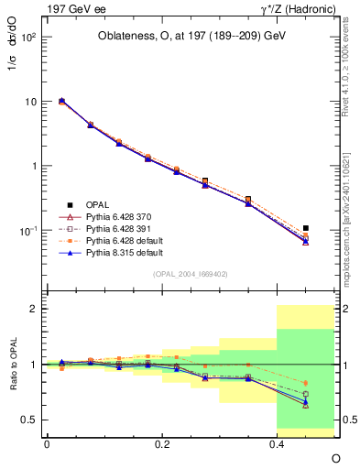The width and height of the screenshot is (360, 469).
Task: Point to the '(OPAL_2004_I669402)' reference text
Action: (x=191, y=273)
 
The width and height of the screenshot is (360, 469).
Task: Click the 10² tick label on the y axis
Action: (x=27, y=38)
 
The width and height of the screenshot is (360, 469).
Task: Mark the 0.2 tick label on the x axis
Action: (x=161, y=443)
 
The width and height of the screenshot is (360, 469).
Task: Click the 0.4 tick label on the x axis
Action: (x=277, y=443)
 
